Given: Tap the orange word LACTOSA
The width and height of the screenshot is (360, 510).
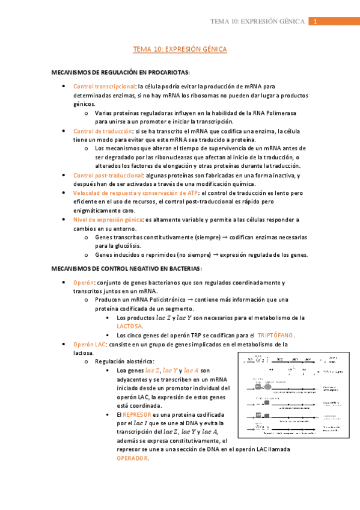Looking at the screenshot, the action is click(x=129, y=326).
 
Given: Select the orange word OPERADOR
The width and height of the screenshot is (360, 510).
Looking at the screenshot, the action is click(x=132, y=458).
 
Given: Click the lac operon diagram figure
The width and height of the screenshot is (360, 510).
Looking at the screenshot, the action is click(x=295, y=394).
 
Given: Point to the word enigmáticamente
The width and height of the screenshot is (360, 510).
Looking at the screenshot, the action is click(x=102, y=210).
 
